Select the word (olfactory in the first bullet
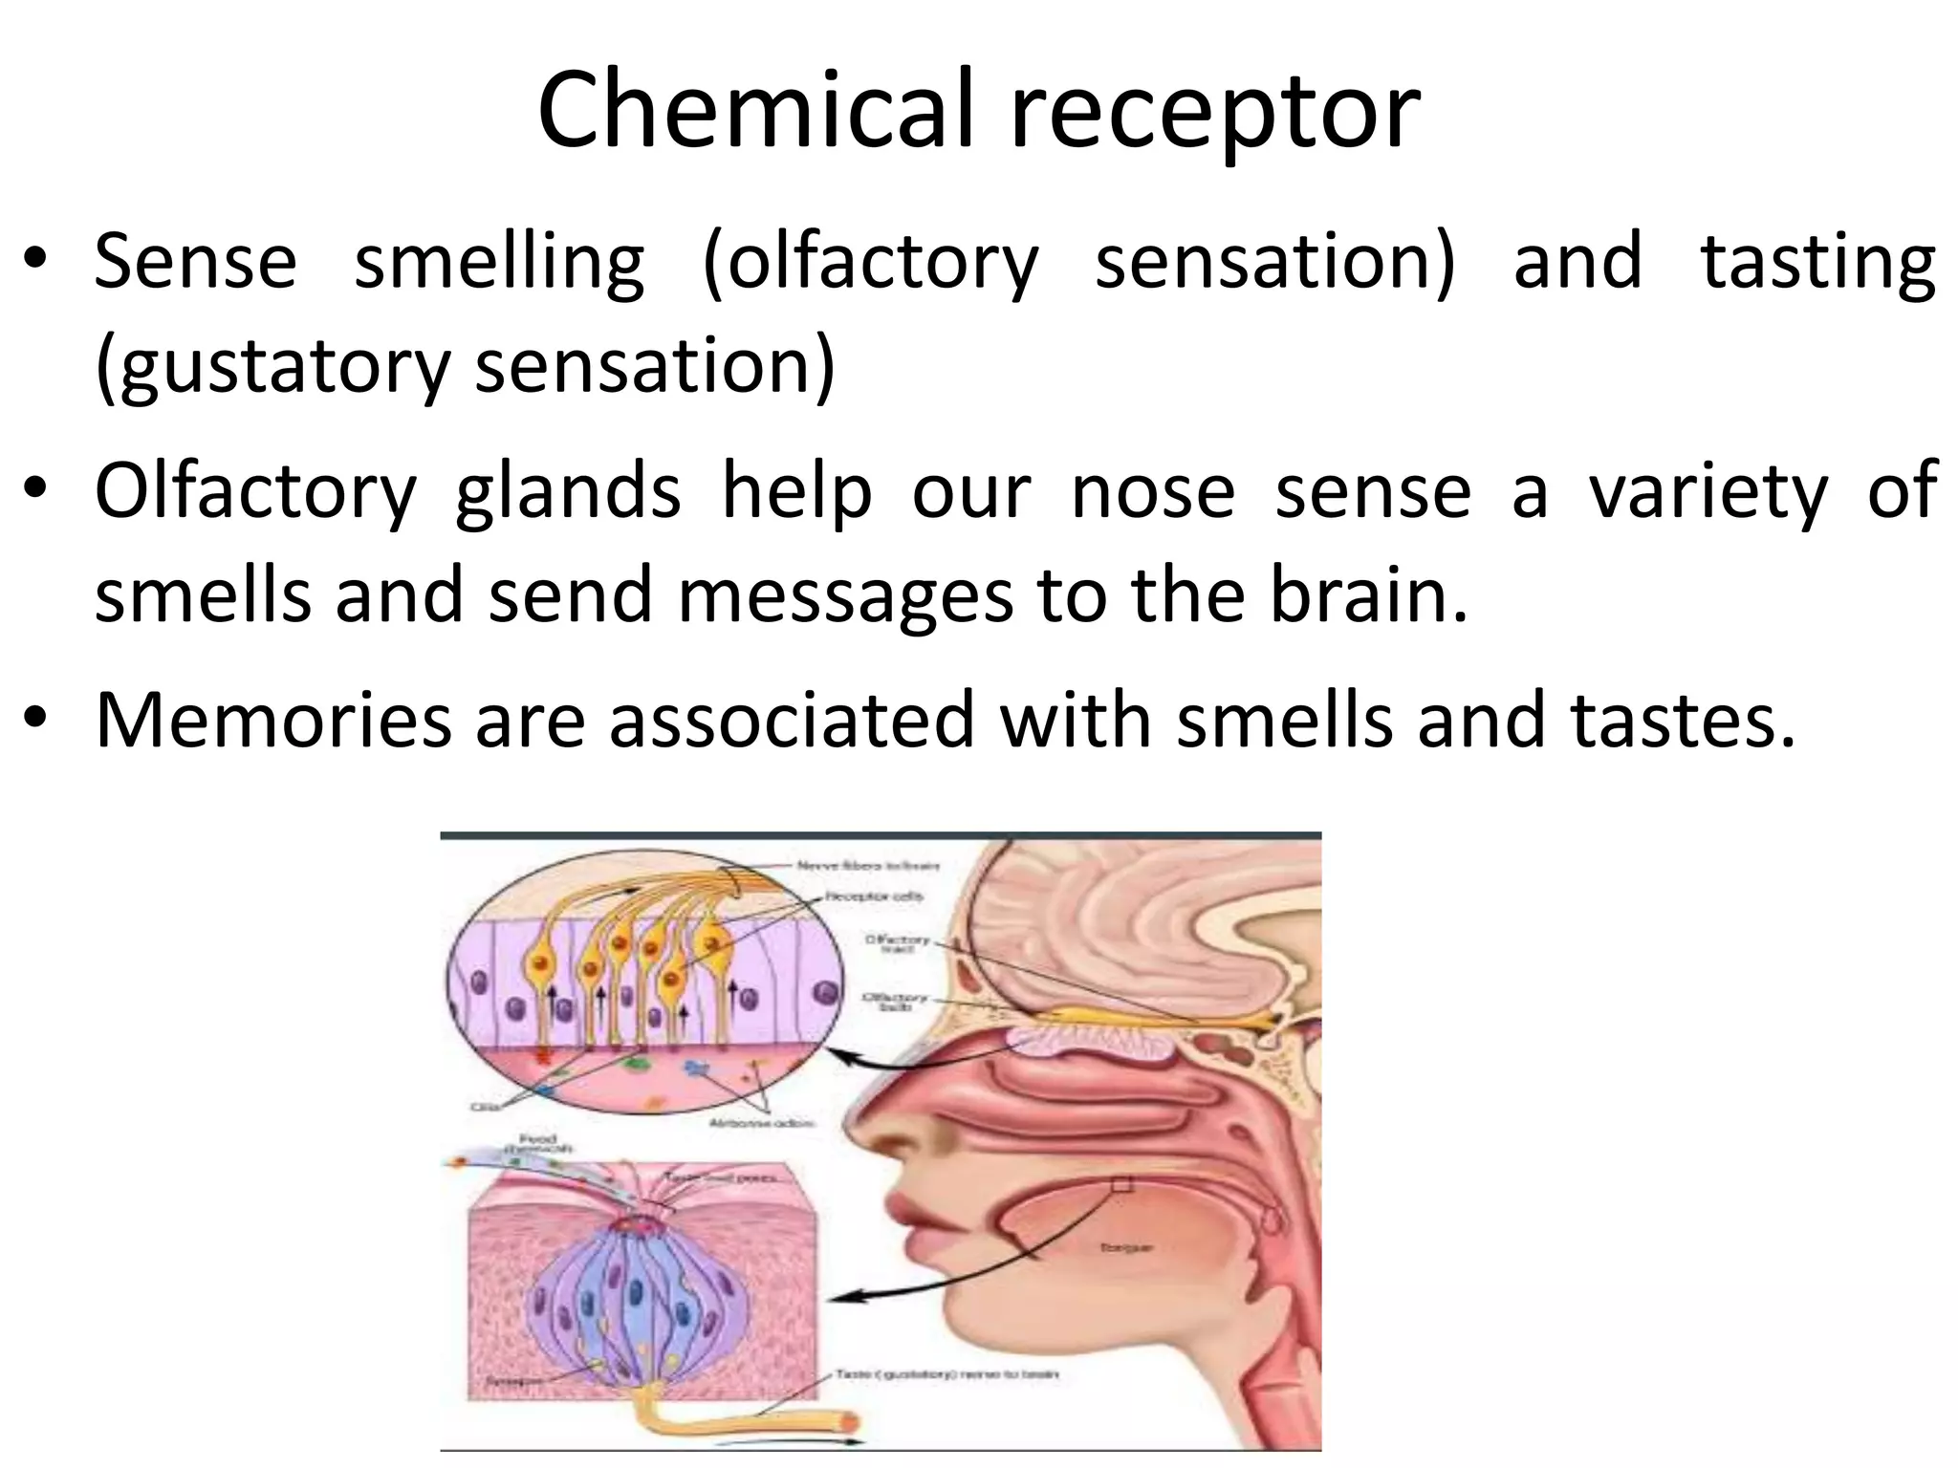[x=869, y=263]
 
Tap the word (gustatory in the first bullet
[x=272, y=367]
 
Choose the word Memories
[x=273, y=720]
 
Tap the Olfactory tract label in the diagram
[x=897, y=943]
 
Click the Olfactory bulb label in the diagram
[x=895, y=1001]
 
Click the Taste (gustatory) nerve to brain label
[x=946, y=1375]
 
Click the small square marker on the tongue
[x=1121, y=1185]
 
